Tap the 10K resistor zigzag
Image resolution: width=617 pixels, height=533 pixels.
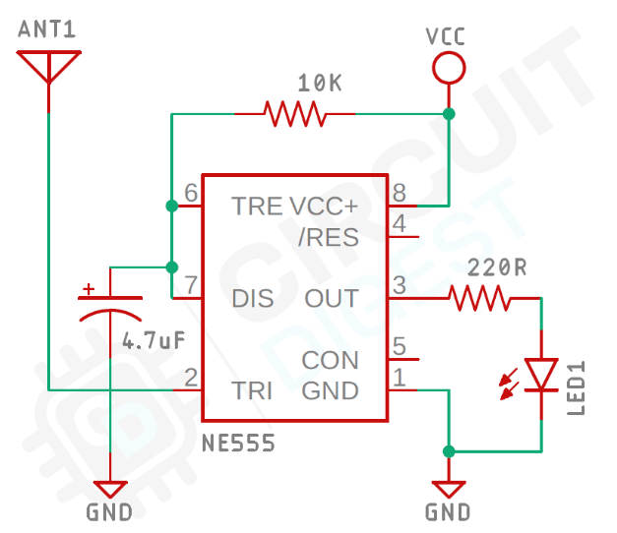click(x=295, y=114)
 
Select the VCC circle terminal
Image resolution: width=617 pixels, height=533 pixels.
click(x=448, y=67)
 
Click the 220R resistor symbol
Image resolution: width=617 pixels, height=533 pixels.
click(x=478, y=297)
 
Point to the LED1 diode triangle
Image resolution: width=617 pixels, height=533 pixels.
click(x=542, y=375)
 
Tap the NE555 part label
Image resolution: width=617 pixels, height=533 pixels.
click(x=238, y=444)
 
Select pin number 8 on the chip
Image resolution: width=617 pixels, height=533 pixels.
click(x=399, y=193)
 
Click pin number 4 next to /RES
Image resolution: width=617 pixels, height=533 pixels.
click(x=399, y=224)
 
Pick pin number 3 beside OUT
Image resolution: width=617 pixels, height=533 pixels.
click(x=399, y=285)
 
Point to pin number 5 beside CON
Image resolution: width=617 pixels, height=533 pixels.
click(x=399, y=346)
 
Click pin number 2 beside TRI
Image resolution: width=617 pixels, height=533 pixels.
click(x=191, y=378)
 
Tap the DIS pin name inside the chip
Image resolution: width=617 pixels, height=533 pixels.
click(x=253, y=298)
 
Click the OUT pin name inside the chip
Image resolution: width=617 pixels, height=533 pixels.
click(x=332, y=298)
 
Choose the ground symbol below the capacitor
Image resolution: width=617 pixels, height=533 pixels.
click(x=110, y=489)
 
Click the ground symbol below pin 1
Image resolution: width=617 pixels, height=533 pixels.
click(x=449, y=489)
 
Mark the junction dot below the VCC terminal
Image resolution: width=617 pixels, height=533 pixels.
click(x=449, y=115)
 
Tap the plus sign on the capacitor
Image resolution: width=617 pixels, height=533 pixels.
click(x=90, y=289)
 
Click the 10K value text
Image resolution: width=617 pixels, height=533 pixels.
click(x=319, y=85)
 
